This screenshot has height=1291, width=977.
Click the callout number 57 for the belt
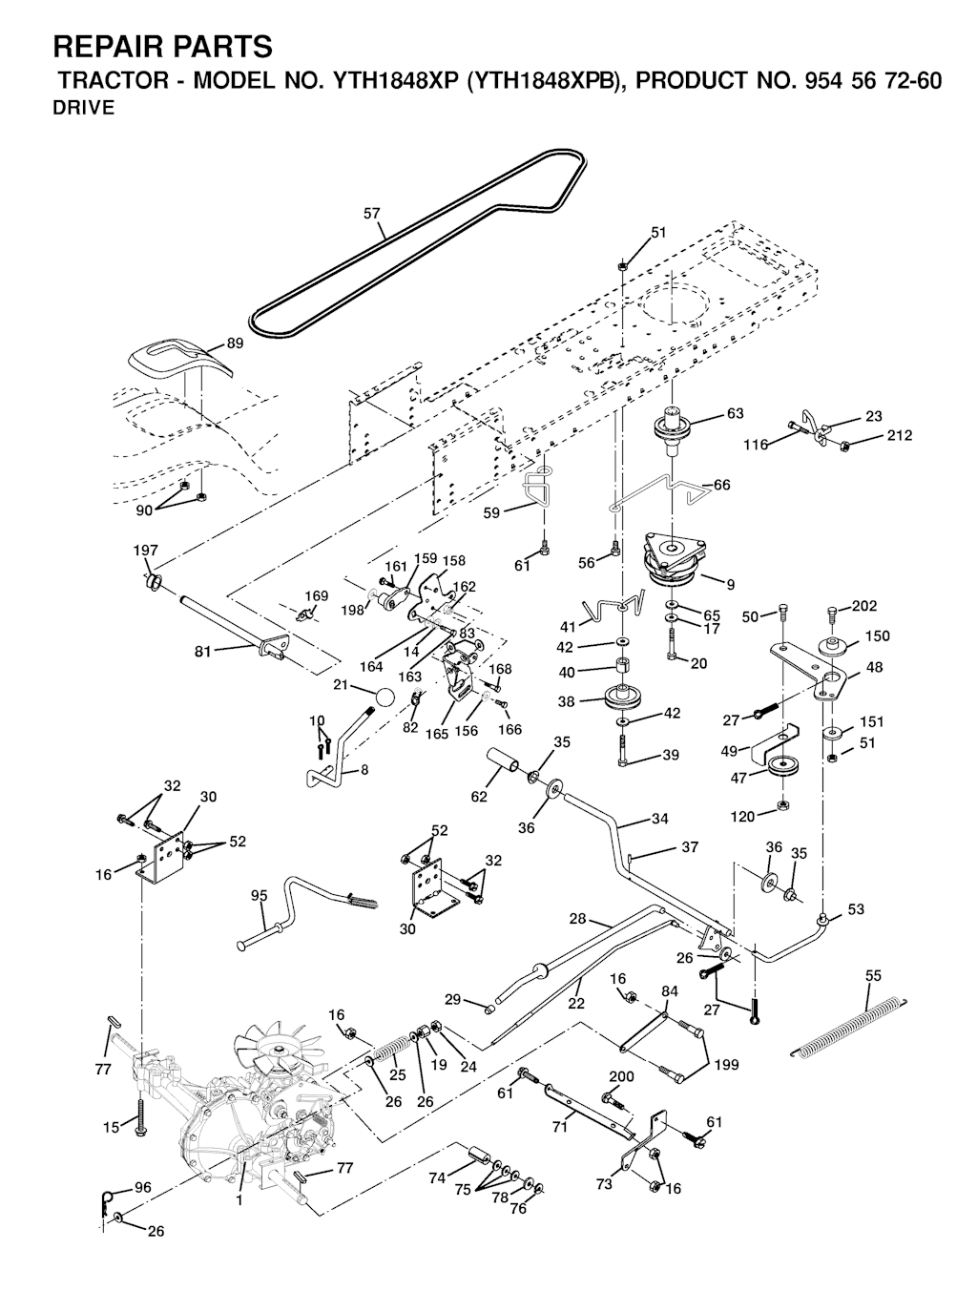point(372,215)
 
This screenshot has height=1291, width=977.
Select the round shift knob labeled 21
point(384,697)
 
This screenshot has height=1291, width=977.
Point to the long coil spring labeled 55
point(847,1026)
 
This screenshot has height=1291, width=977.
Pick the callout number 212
point(899,436)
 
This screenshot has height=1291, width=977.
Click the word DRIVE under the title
point(84,108)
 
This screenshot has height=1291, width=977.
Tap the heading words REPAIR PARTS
point(162,46)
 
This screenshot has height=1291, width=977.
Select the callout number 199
point(726,1065)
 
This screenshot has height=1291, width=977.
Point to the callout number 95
point(260,895)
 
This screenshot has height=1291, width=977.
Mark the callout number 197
point(145,551)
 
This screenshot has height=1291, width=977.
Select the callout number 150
point(877,636)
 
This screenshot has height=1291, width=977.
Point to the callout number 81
point(202,652)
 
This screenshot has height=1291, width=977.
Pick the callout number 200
point(621,1076)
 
